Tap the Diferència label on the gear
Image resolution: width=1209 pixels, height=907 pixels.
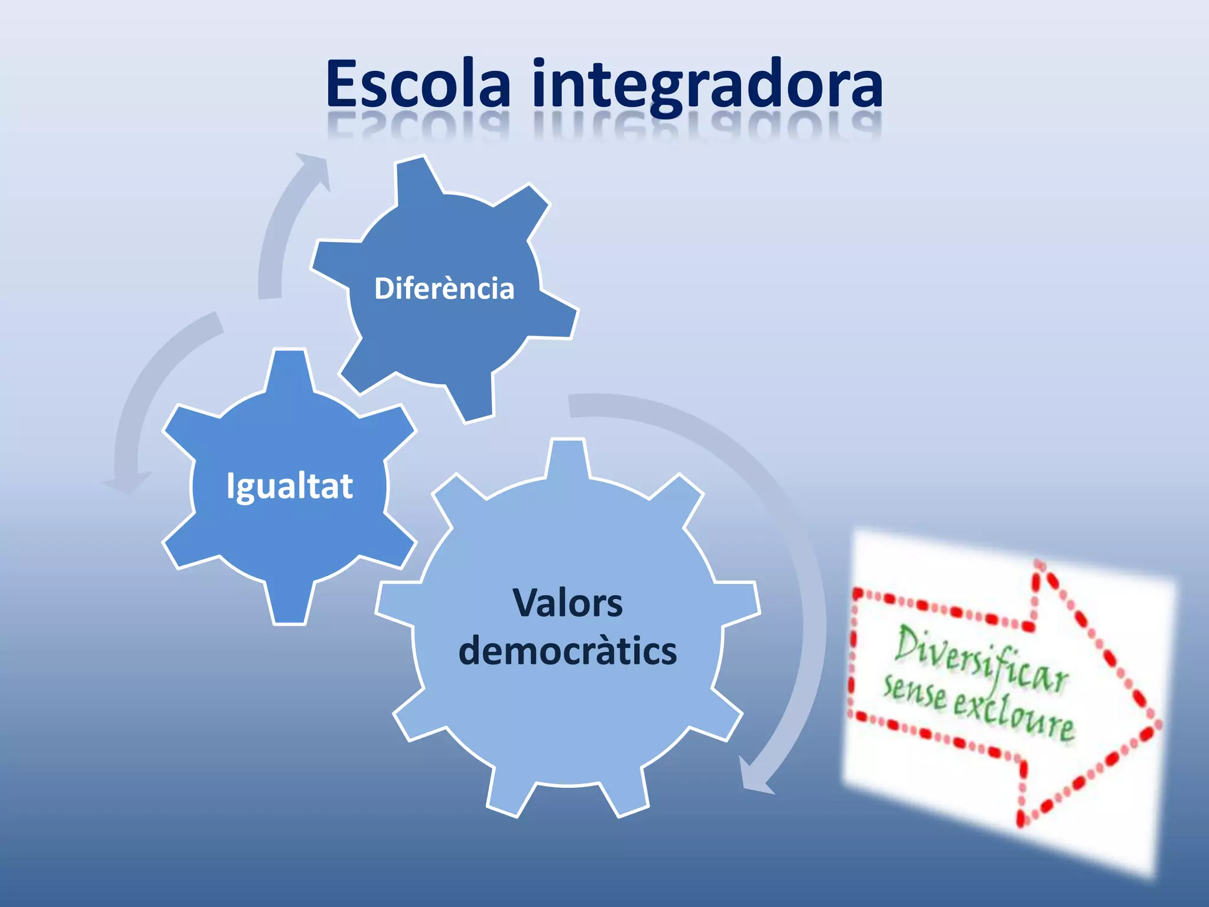(444, 289)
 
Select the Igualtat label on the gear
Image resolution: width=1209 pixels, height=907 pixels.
(289, 486)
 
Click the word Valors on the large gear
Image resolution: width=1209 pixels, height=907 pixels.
(567, 603)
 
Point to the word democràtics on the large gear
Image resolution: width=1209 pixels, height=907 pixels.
(567, 651)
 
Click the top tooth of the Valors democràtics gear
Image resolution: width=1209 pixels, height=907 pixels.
(567, 458)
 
